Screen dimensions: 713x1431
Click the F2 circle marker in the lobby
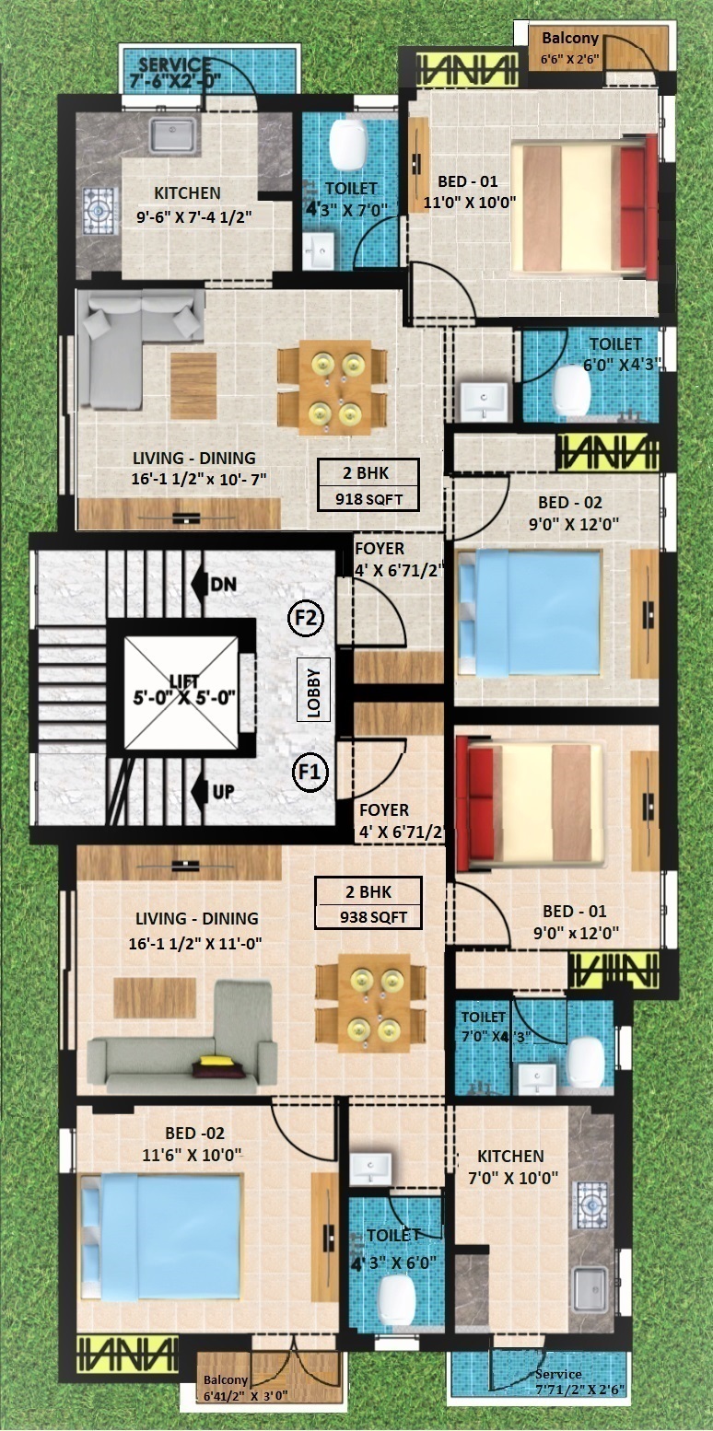coord(306,619)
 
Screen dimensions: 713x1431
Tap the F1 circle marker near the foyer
coord(310,772)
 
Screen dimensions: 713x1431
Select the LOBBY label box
coord(314,690)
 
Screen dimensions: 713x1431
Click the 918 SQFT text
coord(368,499)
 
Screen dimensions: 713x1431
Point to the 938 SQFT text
coord(373,917)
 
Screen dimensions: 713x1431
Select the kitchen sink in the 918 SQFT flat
coord(172,134)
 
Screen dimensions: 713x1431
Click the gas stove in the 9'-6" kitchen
coord(99,210)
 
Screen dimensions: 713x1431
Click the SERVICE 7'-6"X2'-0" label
coord(175,73)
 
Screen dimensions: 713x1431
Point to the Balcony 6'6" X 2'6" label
coord(570,48)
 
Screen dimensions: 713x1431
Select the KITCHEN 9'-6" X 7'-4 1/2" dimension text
coord(194,216)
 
